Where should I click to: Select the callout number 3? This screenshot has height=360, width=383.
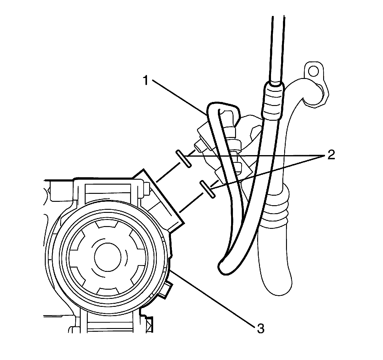[260, 328]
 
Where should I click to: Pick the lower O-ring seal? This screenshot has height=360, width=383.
[207, 189]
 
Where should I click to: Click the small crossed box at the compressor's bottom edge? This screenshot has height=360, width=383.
[149, 325]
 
